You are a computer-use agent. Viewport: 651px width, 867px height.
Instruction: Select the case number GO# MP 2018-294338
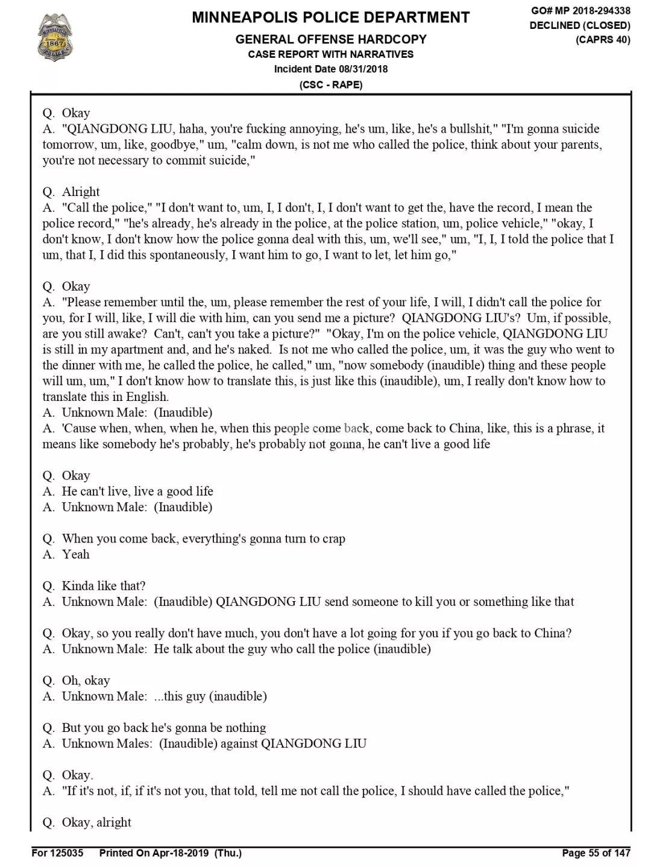580,11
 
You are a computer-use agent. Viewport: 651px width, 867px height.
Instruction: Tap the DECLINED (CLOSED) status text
580,25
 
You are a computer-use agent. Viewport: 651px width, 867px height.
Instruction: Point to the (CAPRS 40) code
603,40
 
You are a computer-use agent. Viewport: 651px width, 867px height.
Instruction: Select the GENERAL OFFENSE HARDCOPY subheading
330,40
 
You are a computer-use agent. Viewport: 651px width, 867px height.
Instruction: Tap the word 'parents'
579,145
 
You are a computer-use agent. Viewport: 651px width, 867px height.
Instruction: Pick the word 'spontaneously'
185,255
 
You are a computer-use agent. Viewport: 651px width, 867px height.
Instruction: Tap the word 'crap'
333,539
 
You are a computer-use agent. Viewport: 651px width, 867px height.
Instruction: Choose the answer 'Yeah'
75,555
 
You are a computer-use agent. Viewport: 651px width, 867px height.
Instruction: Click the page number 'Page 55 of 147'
596,853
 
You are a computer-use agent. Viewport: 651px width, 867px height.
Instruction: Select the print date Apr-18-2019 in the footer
181,853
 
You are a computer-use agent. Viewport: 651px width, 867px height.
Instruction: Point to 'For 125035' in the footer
57,853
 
